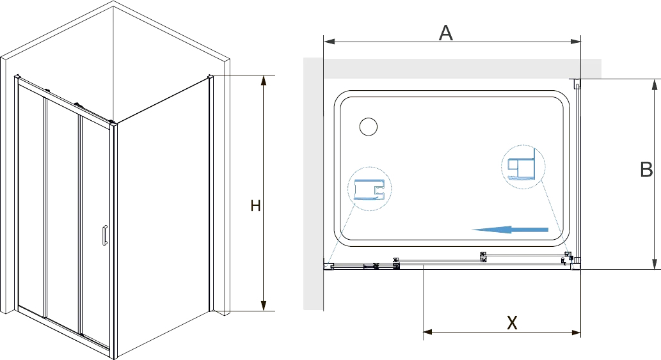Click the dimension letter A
445,33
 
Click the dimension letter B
646,169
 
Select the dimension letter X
512,322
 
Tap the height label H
255,206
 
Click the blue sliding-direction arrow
509,230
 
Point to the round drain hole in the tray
369,127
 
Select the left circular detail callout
369,189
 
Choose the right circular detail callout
523,167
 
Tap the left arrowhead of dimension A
329,42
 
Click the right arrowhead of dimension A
575,42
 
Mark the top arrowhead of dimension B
654,84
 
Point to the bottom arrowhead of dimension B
654,263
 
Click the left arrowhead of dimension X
428,333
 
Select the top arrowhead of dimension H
264,81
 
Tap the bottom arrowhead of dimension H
264,305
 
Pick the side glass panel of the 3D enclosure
163,218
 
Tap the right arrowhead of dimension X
575,333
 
